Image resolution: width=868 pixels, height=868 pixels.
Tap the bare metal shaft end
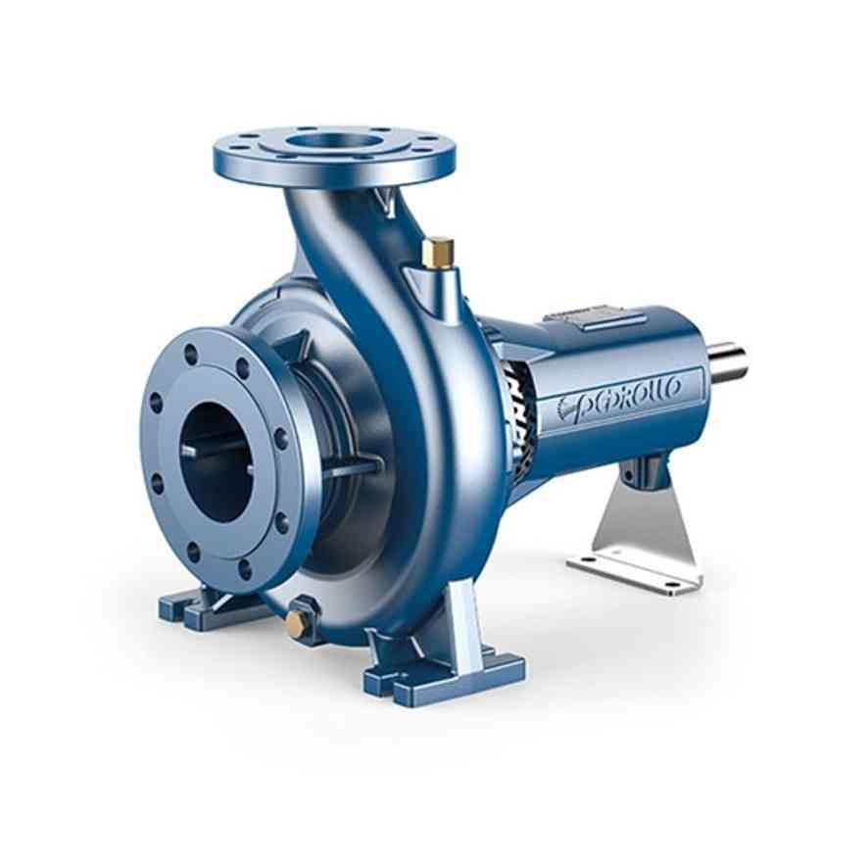click(x=729, y=362)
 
